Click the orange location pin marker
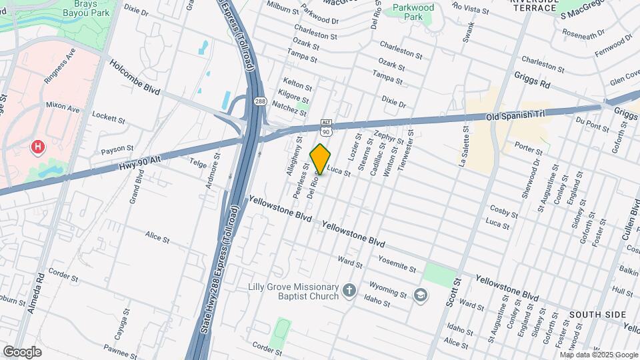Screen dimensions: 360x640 [321, 159]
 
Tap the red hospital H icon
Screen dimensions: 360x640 [39, 146]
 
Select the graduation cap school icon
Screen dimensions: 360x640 [420, 295]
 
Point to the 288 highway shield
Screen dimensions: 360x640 [260, 101]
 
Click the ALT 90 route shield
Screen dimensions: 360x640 [326, 128]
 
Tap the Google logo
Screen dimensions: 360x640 [22, 351]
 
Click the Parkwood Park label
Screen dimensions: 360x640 [413, 11]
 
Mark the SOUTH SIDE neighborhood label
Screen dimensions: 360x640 [597, 314]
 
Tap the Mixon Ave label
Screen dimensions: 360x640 [63, 105]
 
